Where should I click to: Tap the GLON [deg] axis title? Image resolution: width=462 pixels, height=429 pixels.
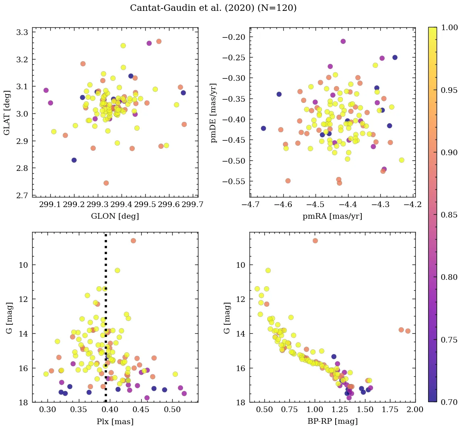[x=115, y=216]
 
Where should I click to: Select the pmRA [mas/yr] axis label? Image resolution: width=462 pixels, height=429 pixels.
[x=332, y=216]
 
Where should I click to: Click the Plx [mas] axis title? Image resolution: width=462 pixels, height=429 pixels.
[x=115, y=421]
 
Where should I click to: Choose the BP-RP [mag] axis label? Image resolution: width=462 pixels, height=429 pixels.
[x=332, y=421]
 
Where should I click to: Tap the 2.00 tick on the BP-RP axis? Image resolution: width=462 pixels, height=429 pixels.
[x=415, y=410]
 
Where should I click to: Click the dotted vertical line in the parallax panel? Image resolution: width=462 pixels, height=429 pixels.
[x=106, y=322]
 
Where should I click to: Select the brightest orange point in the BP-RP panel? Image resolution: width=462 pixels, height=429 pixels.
[x=315, y=240]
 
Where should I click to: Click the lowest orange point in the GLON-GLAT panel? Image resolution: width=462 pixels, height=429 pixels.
[x=106, y=183]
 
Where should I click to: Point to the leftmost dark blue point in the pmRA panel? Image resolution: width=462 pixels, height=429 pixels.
[x=263, y=128]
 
